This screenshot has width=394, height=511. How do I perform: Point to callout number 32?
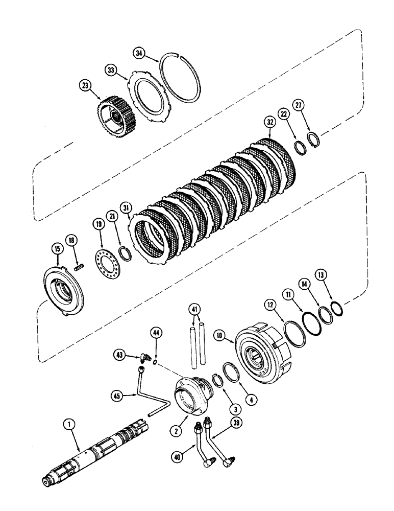[272, 122]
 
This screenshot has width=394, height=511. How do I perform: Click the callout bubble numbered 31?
[126, 207]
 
